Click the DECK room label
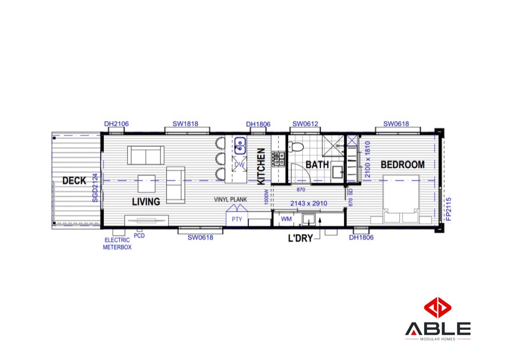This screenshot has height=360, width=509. click(x=74, y=181)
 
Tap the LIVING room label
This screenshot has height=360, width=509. click(x=146, y=202)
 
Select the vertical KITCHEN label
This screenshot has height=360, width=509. click(x=261, y=167)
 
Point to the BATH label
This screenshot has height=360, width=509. click(x=317, y=165)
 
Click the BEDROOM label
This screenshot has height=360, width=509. click(x=403, y=165)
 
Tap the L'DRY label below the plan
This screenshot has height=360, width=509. click(x=300, y=238)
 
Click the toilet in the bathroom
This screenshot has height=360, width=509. click(x=296, y=147)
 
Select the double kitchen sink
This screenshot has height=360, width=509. click(x=240, y=146)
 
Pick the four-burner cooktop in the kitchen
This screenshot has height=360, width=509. click(x=279, y=159)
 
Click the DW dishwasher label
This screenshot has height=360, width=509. click(x=239, y=164)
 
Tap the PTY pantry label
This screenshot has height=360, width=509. click(x=237, y=219)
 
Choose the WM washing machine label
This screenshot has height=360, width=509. click(x=286, y=219)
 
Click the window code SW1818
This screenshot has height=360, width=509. click(x=185, y=124)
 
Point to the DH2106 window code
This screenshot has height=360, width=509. click(x=116, y=124)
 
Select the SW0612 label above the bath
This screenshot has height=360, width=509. click(x=305, y=124)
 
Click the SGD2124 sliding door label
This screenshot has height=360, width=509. click(x=95, y=188)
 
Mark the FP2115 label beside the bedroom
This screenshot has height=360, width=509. click(x=448, y=209)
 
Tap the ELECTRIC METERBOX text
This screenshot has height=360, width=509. click(x=117, y=244)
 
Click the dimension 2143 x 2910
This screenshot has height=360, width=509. click(x=309, y=203)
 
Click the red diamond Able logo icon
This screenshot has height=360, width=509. click(x=438, y=307)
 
